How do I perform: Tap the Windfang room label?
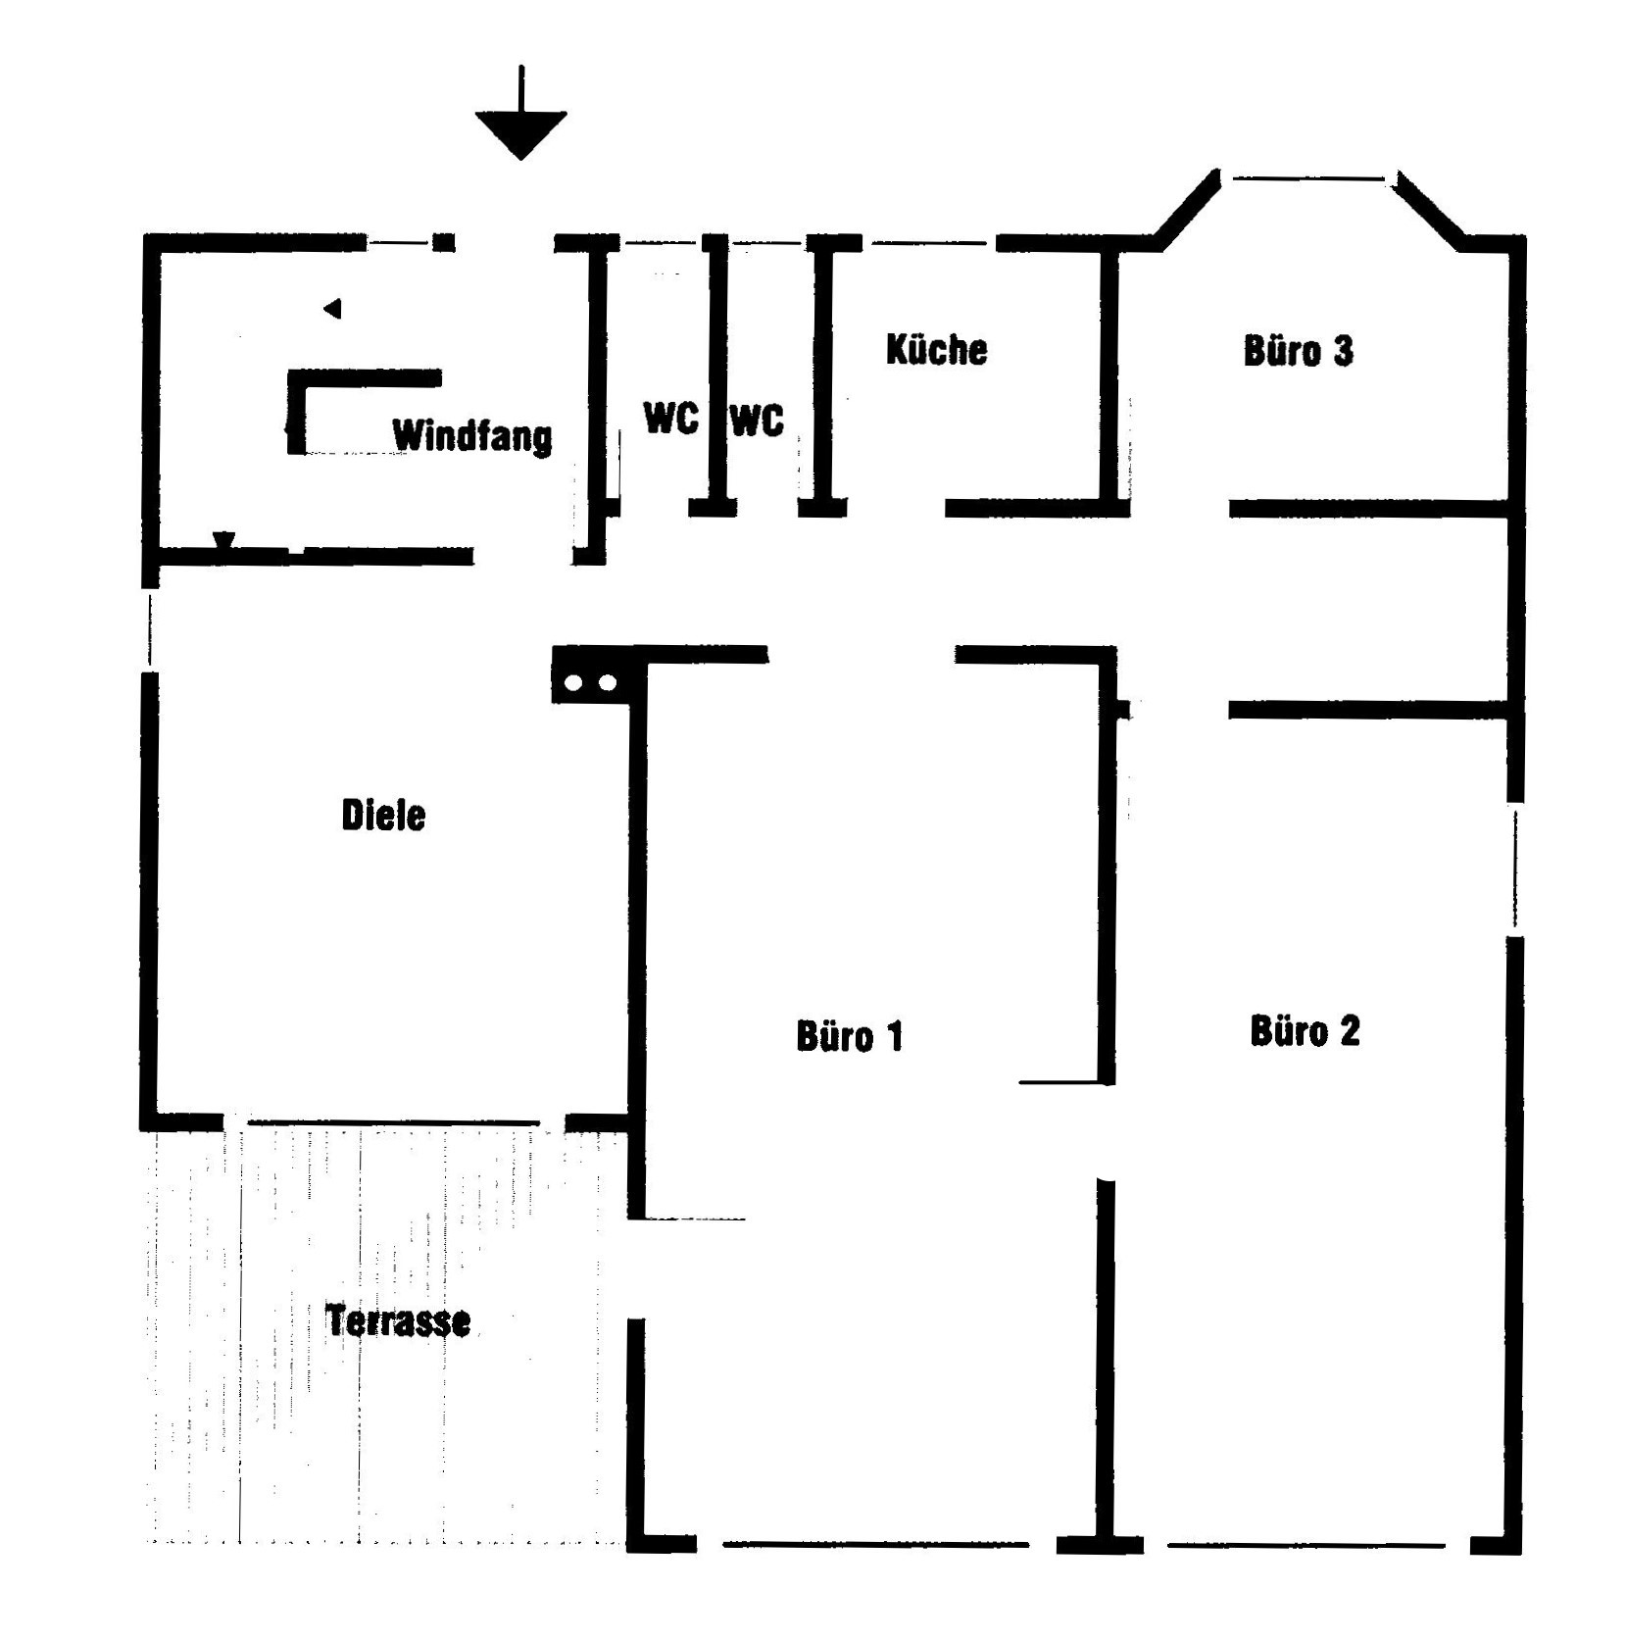point(472,436)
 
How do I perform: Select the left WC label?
point(671,418)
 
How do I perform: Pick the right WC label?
point(758,421)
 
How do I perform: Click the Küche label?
point(936,349)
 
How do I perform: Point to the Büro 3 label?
point(1298,351)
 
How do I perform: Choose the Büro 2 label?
point(1305,1031)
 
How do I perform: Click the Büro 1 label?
point(849,1036)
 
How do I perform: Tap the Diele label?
point(383,816)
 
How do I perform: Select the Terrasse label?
point(398,1321)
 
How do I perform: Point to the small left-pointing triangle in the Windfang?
point(332,309)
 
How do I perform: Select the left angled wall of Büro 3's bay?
point(1188,210)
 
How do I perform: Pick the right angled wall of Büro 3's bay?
point(1430,210)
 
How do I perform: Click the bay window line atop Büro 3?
point(1308,178)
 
